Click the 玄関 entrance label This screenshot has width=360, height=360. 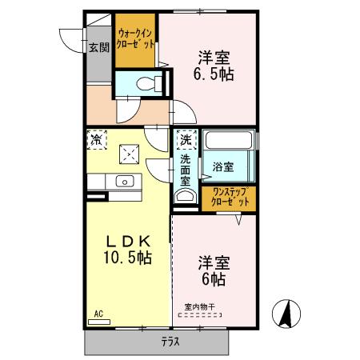pyautogui.click(x=99, y=47)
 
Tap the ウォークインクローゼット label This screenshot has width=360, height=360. pyautogui.click(x=135, y=39)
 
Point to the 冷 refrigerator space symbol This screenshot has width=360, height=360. pyautogui.click(x=97, y=139)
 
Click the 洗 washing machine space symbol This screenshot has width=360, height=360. pyautogui.click(x=186, y=139)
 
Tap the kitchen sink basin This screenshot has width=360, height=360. pyautogui.click(x=125, y=182)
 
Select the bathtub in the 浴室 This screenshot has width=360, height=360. pyautogui.click(x=229, y=140)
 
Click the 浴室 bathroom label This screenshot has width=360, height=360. pyautogui.click(x=223, y=167)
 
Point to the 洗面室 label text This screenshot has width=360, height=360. pyautogui.click(x=186, y=170)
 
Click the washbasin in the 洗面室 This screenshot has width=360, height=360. pyautogui.click(x=186, y=196)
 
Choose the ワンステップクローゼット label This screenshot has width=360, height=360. pyautogui.click(x=230, y=197)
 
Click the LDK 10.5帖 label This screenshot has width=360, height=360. pyautogui.click(x=128, y=250)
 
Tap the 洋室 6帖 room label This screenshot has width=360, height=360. pyautogui.click(x=214, y=271)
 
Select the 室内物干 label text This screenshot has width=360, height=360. pyautogui.click(x=200, y=307)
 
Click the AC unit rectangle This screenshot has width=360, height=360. pyautogui.click(x=99, y=322)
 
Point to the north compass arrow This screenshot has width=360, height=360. pyautogui.click(x=286, y=314)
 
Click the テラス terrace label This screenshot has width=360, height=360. pyautogui.click(x=170, y=342)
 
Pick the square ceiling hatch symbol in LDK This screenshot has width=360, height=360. pyautogui.click(x=129, y=154)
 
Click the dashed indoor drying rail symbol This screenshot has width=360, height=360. pyautogui.click(x=200, y=315)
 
